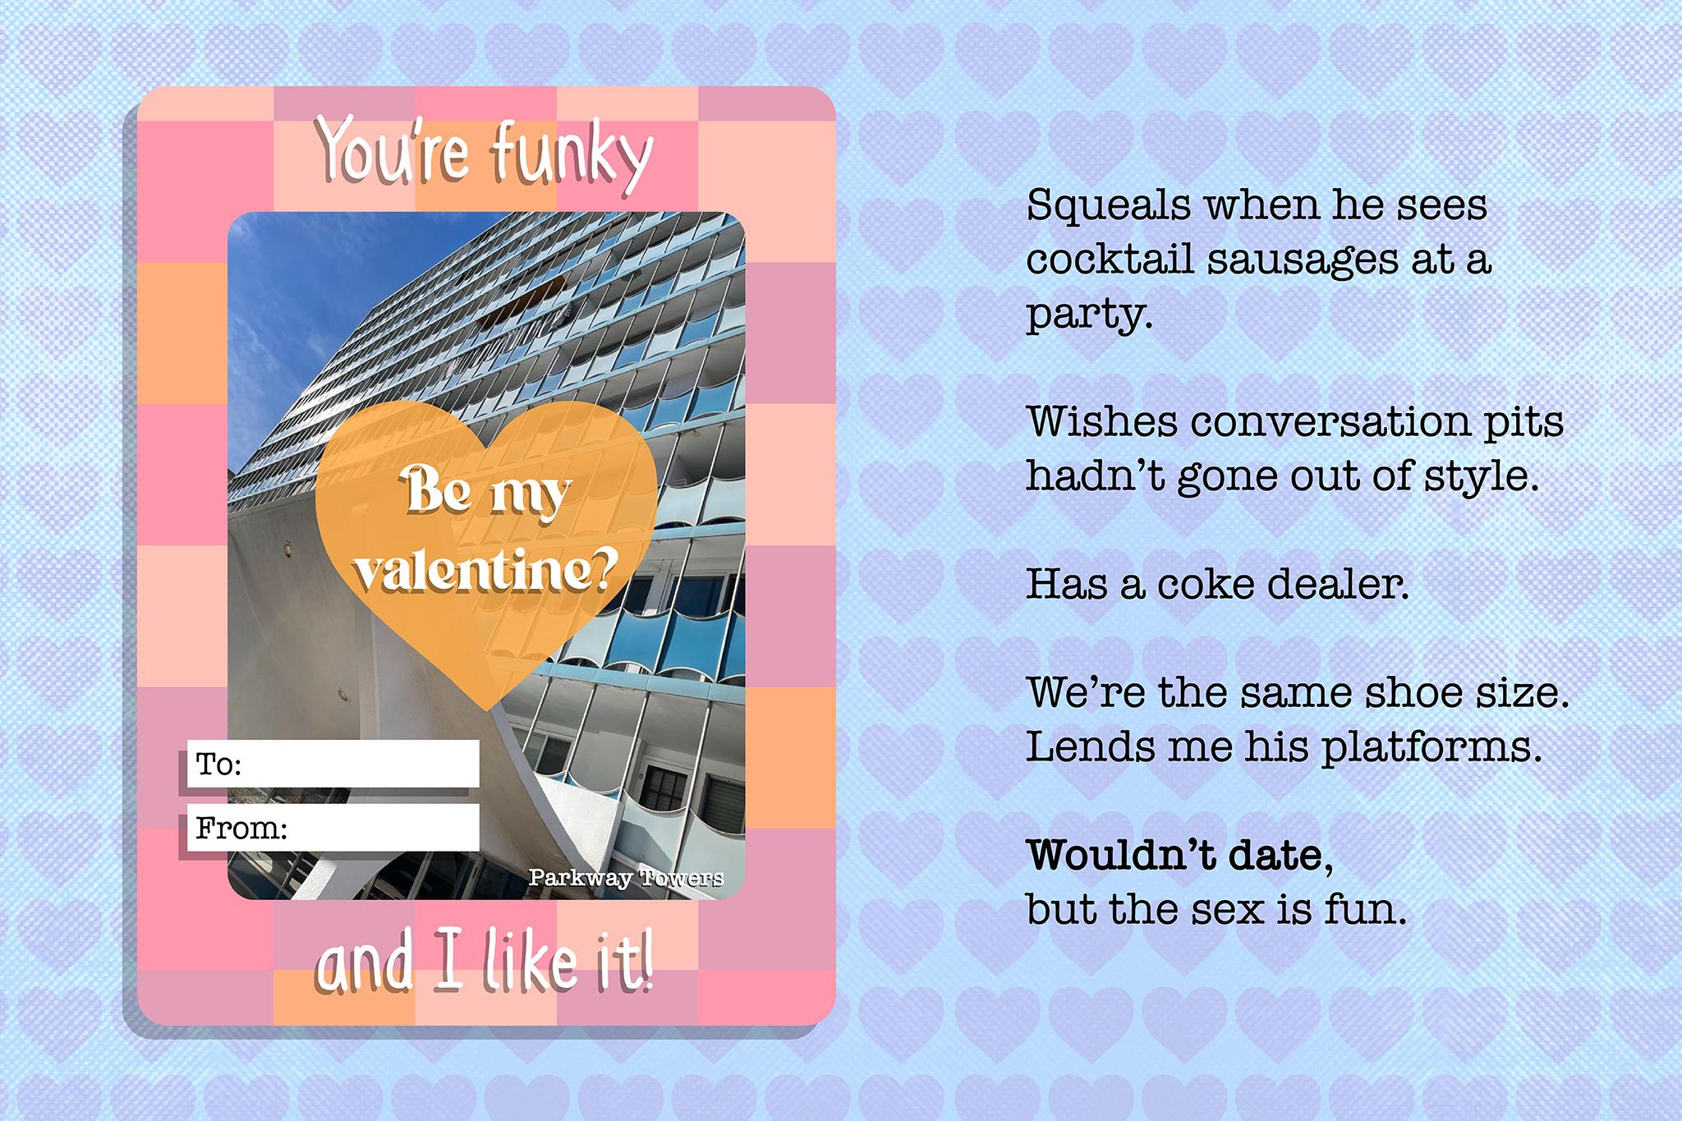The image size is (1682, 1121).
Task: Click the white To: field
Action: click(x=333, y=764)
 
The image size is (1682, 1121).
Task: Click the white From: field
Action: click(x=333, y=827)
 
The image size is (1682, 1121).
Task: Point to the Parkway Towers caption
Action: click(x=626, y=878)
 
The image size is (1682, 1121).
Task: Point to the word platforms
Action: click(x=1429, y=747)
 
